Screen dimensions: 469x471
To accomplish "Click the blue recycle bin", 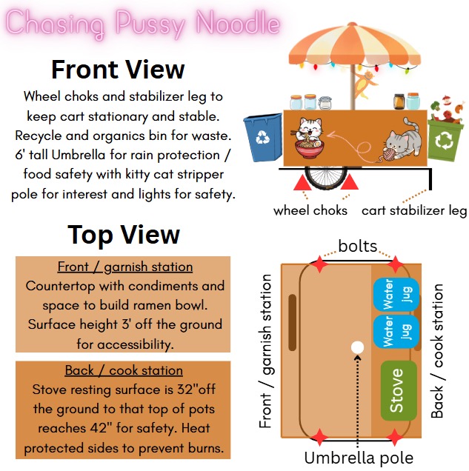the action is (x=263, y=137).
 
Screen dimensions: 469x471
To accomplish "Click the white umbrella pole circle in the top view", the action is (x=357, y=347).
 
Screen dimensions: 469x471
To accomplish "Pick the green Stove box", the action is (x=399, y=390).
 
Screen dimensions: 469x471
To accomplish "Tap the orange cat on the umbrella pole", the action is (x=365, y=84).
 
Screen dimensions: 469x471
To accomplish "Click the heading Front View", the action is (x=118, y=70).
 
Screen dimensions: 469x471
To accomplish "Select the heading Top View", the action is (x=124, y=235).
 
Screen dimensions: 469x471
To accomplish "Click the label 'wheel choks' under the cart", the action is (x=310, y=210).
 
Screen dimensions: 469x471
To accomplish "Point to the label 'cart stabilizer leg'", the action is (x=414, y=210).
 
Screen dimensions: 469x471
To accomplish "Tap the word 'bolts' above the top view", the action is (x=358, y=246).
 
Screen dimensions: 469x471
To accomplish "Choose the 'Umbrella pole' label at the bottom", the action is (x=359, y=458).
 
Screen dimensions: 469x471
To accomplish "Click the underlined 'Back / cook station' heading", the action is (x=124, y=370).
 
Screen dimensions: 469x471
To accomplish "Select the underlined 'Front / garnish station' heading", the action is (x=125, y=267).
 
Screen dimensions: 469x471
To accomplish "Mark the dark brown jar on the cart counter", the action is (x=399, y=101).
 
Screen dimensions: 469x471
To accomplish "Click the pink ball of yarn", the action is (x=389, y=153).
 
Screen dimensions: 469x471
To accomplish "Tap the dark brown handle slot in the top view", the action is (x=293, y=323).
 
